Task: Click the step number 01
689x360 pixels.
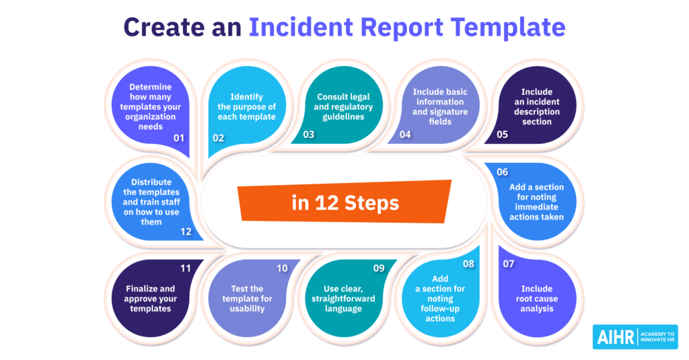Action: tap(178, 138)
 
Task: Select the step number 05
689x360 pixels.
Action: tap(501, 134)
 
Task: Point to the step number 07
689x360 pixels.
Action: tap(508, 264)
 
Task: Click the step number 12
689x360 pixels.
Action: tap(186, 232)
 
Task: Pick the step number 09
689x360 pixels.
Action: tap(379, 268)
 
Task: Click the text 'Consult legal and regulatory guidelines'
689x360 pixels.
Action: tap(344, 107)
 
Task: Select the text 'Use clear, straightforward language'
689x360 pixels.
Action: tap(343, 299)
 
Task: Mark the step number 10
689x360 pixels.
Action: tap(282, 268)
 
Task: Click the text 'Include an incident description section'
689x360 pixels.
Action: tap(536, 107)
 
